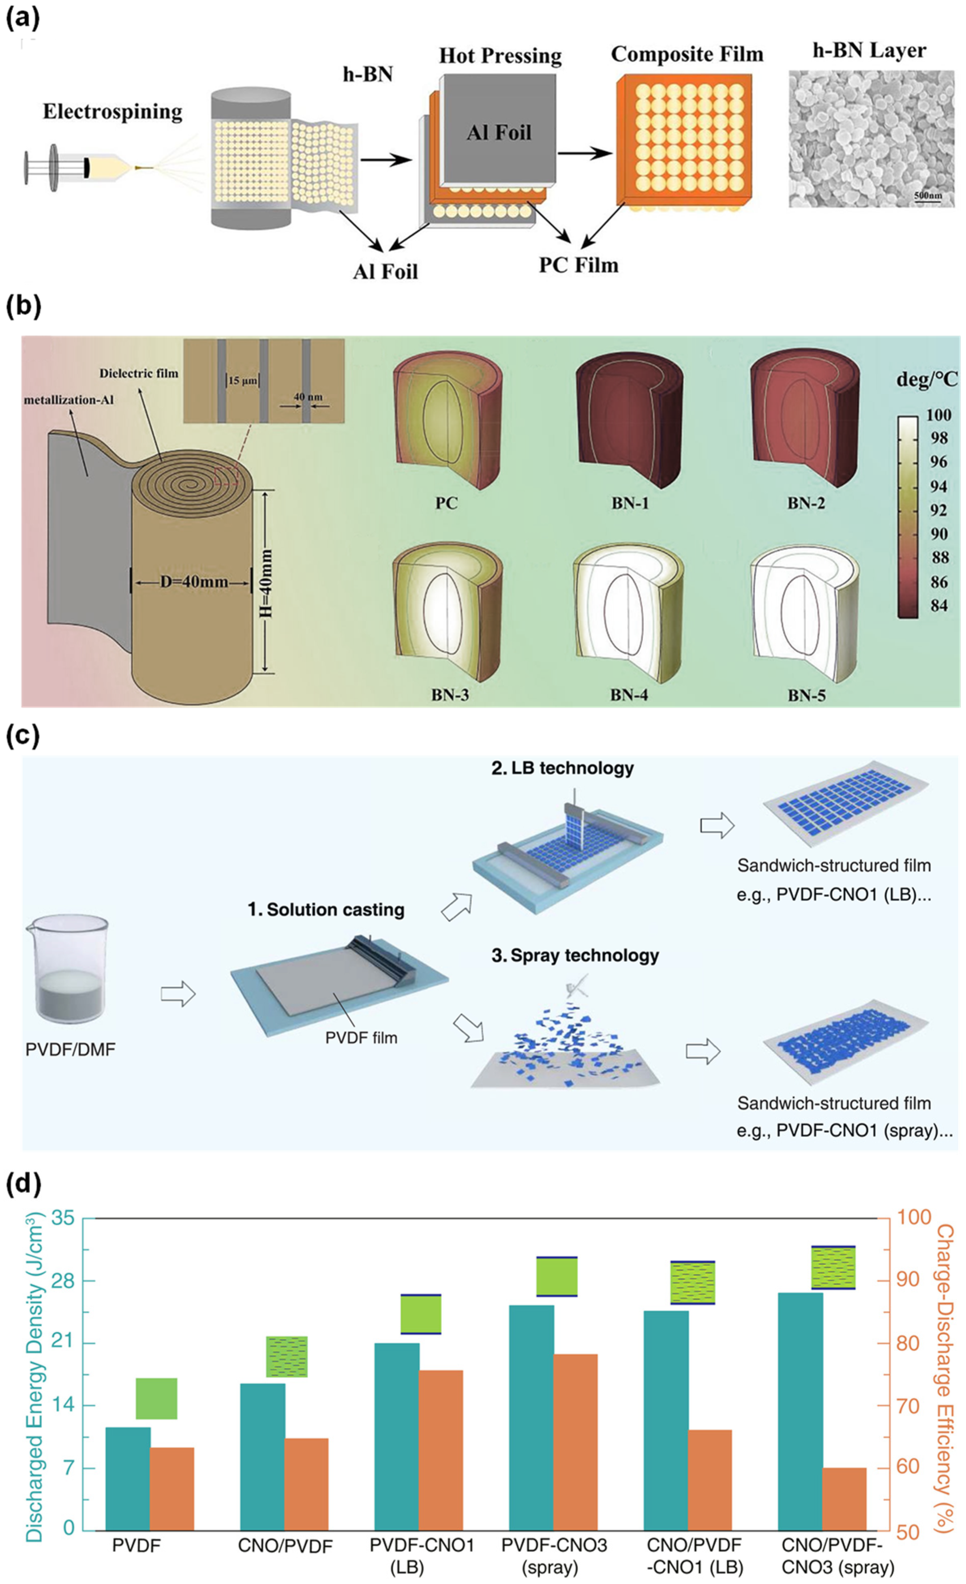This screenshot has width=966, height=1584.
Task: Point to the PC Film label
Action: [x=578, y=265]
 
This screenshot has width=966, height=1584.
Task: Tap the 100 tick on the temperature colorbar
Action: [x=938, y=415]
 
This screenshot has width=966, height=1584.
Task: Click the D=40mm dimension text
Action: [x=194, y=582]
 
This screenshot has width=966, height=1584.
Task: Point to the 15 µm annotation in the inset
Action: [x=242, y=381]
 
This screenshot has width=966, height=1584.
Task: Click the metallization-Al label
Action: [x=69, y=400]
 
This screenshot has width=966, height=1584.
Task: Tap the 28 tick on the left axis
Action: [x=68, y=1280]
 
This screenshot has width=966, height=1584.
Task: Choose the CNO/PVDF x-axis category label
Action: [x=285, y=1546]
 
